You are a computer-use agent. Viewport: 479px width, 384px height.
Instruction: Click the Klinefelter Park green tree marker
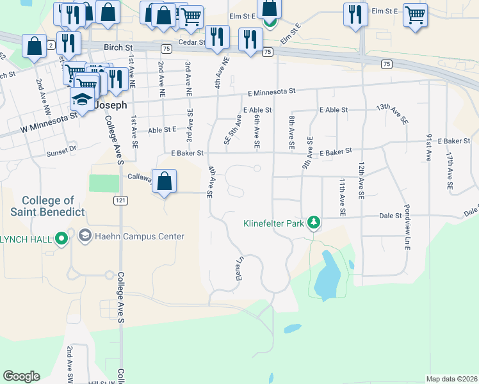[313, 222]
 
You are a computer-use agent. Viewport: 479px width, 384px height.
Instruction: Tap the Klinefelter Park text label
[273, 224]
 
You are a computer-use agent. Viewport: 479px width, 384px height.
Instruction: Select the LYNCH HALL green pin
[61, 239]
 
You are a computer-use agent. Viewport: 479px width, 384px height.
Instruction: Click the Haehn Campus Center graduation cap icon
[84, 236]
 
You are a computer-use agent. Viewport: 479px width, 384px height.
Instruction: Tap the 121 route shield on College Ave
[120, 200]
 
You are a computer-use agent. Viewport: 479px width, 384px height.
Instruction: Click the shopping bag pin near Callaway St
[165, 180]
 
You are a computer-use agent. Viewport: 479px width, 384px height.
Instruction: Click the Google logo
[21, 376]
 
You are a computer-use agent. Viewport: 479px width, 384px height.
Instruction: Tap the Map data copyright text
[451, 379]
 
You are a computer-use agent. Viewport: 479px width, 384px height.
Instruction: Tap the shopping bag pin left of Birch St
[34, 46]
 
